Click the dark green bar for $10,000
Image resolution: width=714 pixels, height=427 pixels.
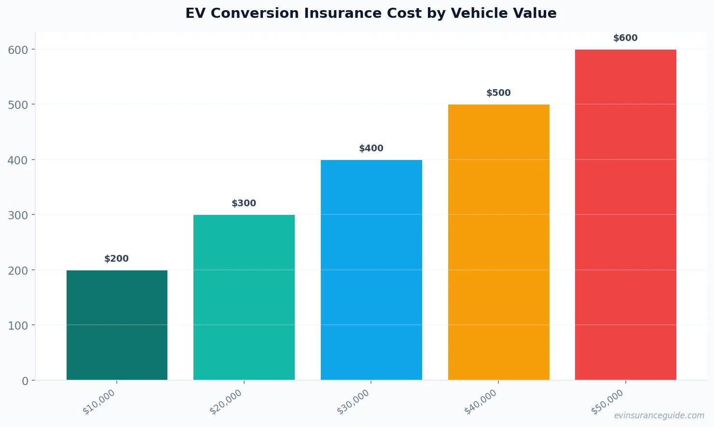tap(117, 325)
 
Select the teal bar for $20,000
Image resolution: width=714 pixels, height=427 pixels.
tap(244, 297)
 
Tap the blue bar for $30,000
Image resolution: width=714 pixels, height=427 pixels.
tap(371, 270)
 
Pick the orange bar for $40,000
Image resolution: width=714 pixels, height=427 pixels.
tap(498, 242)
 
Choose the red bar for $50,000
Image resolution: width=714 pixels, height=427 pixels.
tap(625, 215)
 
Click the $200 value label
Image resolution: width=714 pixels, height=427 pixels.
tap(117, 259)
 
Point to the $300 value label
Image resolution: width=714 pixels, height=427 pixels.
tap(244, 203)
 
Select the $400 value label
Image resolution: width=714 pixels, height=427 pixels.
tap(371, 148)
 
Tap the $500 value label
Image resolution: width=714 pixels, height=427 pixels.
tap(498, 93)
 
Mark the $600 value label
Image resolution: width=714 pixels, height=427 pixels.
tap(625, 38)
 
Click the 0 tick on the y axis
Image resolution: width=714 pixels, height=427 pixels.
tap(25, 381)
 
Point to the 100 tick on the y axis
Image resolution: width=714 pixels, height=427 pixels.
tap(18, 326)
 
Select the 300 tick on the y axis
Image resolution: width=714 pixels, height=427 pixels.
tap(18, 215)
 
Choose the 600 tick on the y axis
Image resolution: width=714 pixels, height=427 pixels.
tap(18, 50)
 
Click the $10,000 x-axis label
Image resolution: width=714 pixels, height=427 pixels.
tap(99, 402)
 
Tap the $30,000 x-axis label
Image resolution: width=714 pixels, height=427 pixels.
tap(354, 402)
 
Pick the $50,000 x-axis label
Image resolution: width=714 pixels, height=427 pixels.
tap(608, 402)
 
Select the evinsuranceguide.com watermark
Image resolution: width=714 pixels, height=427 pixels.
tap(659, 415)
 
